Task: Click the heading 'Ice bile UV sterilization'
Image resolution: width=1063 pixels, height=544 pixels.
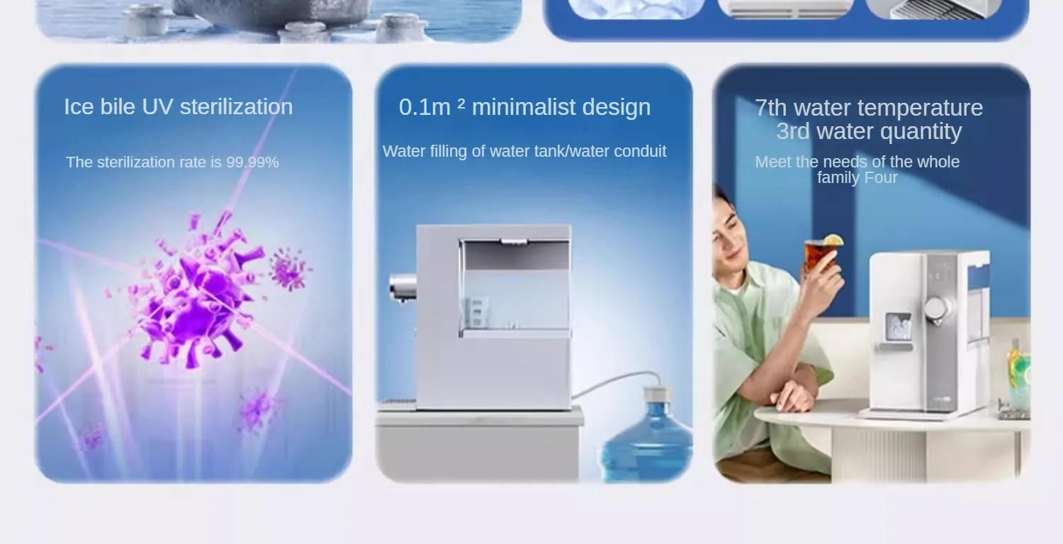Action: click(178, 107)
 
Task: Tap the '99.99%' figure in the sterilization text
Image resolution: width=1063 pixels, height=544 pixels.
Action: click(252, 162)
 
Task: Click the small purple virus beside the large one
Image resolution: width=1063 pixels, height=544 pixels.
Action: click(289, 270)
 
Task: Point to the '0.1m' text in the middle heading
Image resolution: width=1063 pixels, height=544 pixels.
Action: click(424, 107)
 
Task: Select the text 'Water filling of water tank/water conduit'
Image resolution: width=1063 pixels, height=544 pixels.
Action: click(524, 151)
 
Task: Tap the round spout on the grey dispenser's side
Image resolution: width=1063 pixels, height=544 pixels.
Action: click(403, 287)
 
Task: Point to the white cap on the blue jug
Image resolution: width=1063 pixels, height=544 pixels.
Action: click(656, 394)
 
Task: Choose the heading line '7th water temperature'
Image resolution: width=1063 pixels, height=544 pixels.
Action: click(868, 108)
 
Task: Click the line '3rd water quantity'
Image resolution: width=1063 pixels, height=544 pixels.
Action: click(868, 131)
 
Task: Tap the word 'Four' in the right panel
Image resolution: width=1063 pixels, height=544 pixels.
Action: click(881, 178)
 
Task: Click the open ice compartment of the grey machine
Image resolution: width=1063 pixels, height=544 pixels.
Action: click(515, 287)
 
